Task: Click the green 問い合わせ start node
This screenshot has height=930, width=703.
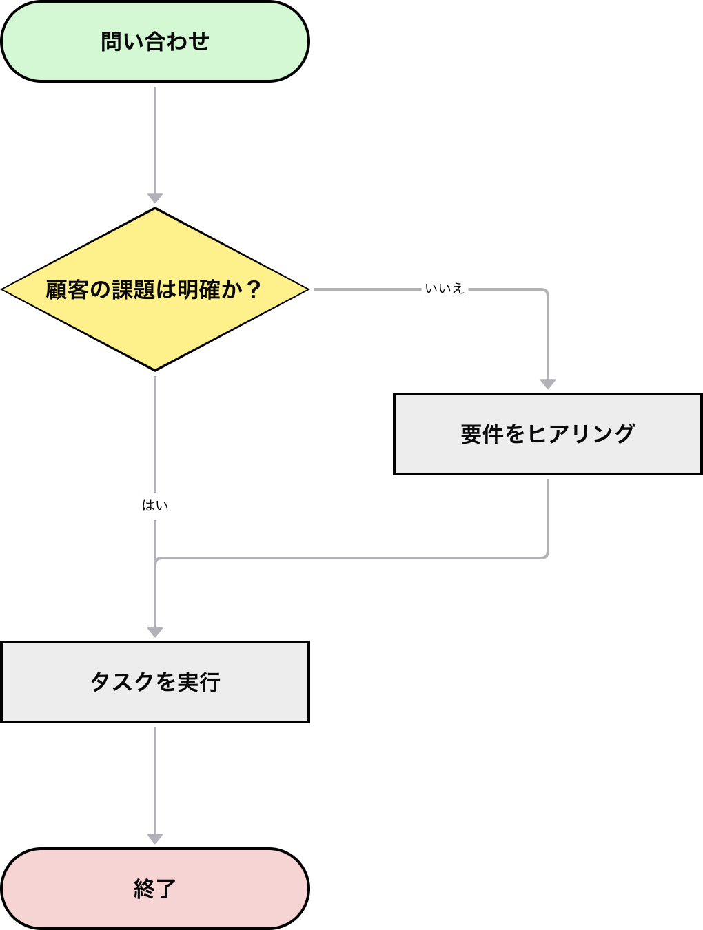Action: [x=155, y=41]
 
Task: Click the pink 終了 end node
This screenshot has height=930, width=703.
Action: [x=155, y=889]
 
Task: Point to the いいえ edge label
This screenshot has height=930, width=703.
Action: [x=445, y=289]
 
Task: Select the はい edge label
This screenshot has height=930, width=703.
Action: [x=155, y=506]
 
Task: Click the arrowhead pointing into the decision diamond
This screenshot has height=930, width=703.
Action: [x=155, y=198]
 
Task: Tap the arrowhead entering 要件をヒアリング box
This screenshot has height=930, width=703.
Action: [x=548, y=384]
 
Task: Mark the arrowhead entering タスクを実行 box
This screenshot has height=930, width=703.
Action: [x=155, y=632]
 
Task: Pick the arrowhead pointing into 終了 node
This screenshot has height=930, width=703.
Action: [x=155, y=839]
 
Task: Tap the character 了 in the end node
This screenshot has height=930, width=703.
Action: [x=166, y=889]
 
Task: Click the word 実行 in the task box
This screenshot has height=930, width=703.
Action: [x=198, y=682]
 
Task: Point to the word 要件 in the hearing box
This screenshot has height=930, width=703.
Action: [x=482, y=434]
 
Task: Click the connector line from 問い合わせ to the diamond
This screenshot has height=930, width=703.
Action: [x=155, y=138]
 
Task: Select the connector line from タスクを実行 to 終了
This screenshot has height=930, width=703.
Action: [x=155, y=778]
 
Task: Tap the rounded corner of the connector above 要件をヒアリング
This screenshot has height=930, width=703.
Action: [x=546, y=291]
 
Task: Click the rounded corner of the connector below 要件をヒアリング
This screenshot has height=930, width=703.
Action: [x=546, y=556]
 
